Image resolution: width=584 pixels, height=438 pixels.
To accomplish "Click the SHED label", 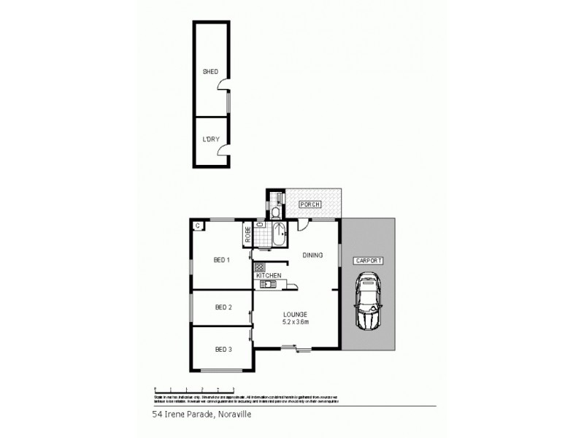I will [210, 72].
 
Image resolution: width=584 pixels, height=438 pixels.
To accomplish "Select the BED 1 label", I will [222, 260].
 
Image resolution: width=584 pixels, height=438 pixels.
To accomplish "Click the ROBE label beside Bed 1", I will [248, 234].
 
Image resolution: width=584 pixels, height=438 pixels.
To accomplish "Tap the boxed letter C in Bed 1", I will [198, 226].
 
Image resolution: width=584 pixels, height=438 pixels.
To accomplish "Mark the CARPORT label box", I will [369, 260].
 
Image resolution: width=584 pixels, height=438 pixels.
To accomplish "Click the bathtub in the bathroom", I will [281, 234].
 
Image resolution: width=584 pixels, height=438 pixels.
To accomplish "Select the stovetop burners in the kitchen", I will [258, 266].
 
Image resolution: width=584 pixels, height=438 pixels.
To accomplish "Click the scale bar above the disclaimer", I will [193, 389].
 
